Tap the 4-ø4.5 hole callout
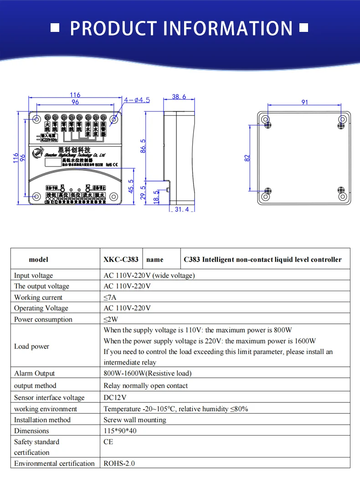(x=136, y=100)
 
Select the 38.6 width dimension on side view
(x=179, y=97)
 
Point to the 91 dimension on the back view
(x=304, y=102)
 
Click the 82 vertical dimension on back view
(x=247, y=158)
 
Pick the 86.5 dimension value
(x=143, y=146)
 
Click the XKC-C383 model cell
(x=121, y=259)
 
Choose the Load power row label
(x=31, y=346)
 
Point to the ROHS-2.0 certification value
(x=119, y=463)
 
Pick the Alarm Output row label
(x=34, y=373)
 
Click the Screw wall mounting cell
(x=134, y=420)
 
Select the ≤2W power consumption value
(x=111, y=319)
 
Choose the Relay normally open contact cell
(x=145, y=385)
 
